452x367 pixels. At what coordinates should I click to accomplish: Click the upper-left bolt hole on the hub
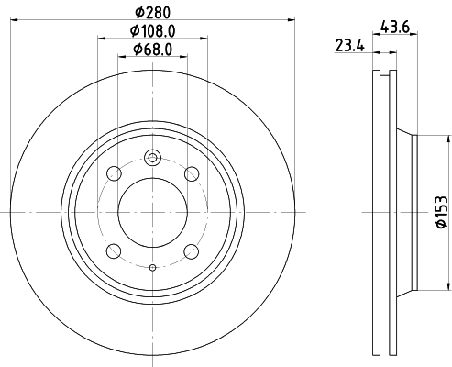[x=114, y=173]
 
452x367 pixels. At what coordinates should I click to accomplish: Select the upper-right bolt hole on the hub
[x=192, y=173]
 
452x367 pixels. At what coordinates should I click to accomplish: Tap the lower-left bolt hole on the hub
[x=114, y=250]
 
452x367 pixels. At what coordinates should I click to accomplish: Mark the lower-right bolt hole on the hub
[x=192, y=250]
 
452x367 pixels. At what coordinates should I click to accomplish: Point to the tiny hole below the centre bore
[x=152, y=267]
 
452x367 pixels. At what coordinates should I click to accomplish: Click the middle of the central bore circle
[x=152, y=211]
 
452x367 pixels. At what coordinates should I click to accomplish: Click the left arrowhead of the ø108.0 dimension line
[x=99, y=38]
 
